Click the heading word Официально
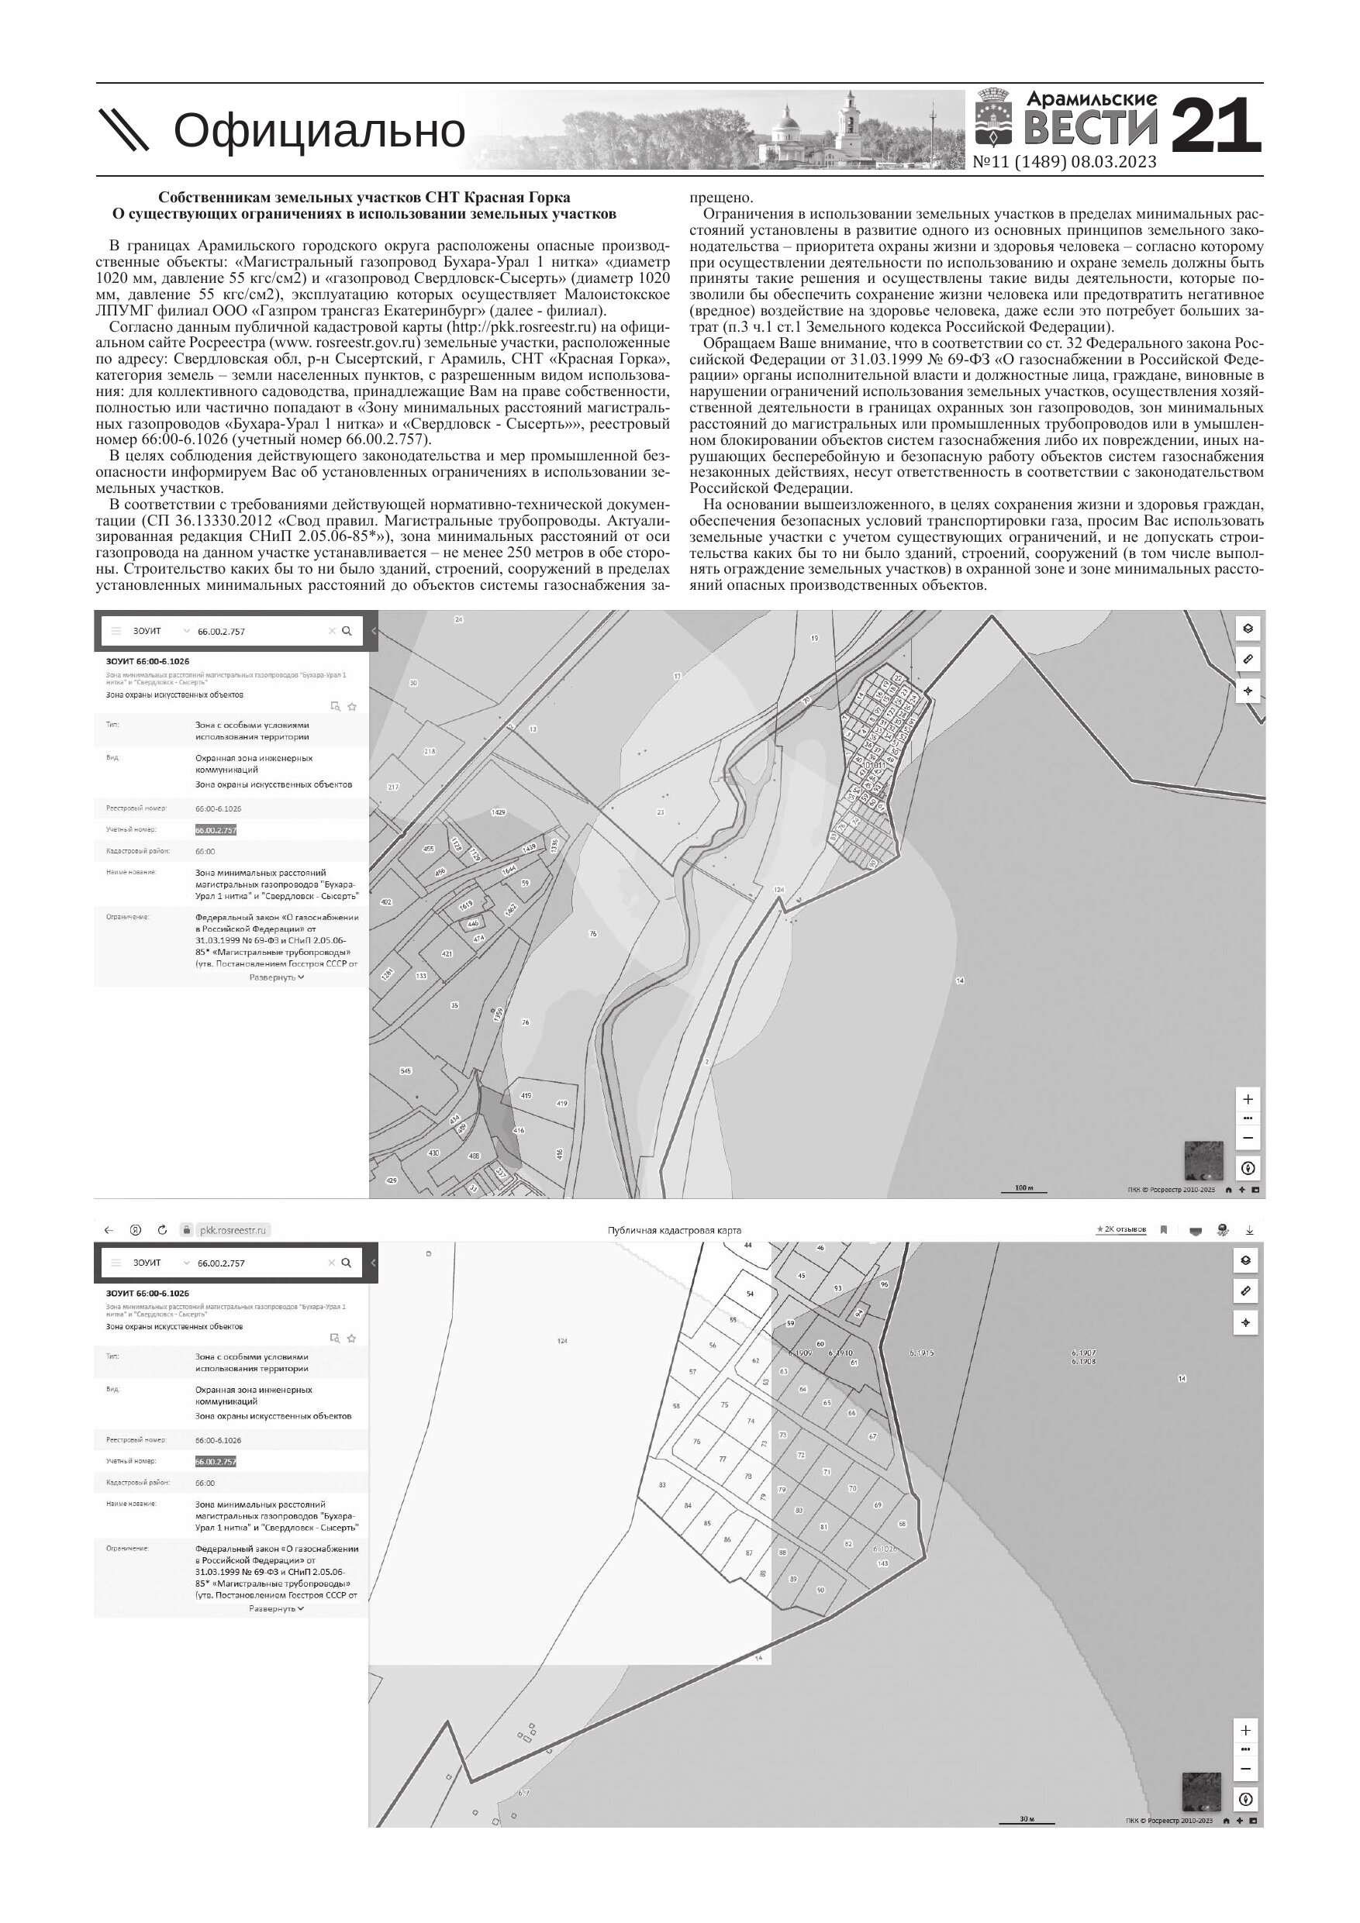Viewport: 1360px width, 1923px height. click(319, 131)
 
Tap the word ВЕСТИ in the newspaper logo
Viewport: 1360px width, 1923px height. click(1091, 127)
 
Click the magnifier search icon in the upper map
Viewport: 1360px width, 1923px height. click(347, 631)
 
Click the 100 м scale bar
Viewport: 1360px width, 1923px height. click(1024, 1188)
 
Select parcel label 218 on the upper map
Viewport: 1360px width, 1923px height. click(430, 751)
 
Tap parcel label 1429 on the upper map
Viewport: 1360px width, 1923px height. click(499, 812)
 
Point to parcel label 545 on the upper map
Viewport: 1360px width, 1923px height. click(406, 1071)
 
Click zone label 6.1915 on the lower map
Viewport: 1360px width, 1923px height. click(922, 1353)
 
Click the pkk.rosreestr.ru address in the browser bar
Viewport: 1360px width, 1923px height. click(232, 1230)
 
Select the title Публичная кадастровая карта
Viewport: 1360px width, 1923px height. click(674, 1230)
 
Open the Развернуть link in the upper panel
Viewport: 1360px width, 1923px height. click(277, 977)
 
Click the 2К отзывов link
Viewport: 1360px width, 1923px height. click(1121, 1229)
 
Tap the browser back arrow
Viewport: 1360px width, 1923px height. click(108, 1230)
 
